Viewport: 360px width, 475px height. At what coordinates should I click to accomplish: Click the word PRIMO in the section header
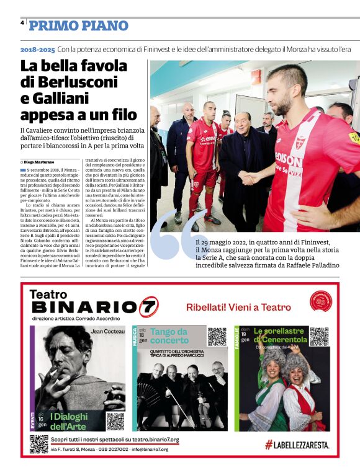pos(52,25)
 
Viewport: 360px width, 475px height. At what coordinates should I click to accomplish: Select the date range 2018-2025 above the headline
pos(37,48)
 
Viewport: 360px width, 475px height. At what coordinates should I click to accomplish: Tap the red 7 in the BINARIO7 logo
pos(148,307)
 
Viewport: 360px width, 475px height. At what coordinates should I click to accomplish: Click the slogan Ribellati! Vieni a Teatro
pos(239,307)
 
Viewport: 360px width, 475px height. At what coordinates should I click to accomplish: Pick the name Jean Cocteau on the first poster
pos(108,332)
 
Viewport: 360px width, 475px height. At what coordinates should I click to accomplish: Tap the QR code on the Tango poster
pos(217,336)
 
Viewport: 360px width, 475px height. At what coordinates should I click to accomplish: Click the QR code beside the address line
pos(38,444)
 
